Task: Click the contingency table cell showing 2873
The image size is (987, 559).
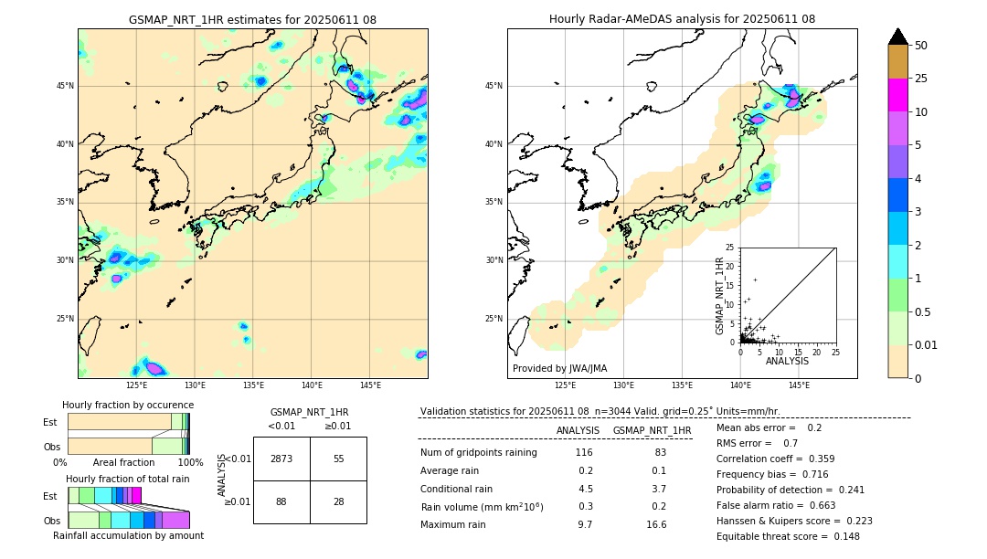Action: click(x=281, y=459)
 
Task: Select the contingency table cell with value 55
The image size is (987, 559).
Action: click(x=338, y=459)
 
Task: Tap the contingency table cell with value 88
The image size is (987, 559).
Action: click(x=281, y=501)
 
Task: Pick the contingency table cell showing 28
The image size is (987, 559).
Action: click(x=338, y=501)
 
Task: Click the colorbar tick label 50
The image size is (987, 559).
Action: click(x=921, y=46)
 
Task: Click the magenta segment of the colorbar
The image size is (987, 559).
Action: click(x=898, y=95)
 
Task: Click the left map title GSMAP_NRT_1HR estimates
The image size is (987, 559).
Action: click(x=252, y=20)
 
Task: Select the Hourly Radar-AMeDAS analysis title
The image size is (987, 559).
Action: click(x=682, y=19)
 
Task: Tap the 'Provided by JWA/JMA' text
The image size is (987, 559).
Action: click(x=559, y=368)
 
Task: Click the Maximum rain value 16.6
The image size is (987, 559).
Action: click(x=656, y=524)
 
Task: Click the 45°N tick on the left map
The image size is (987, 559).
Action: click(x=65, y=86)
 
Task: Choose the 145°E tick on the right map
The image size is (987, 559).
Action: click(x=799, y=385)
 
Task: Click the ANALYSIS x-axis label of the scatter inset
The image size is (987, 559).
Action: click(x=787, y=361)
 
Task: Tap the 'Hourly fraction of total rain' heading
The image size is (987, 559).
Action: click(x=128, y=479)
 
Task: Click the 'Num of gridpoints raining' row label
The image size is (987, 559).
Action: click(x=479, y=453)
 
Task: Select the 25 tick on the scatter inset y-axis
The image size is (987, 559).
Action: click(x=731, y=248)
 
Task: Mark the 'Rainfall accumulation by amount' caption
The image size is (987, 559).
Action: click(x=128, y=536)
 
